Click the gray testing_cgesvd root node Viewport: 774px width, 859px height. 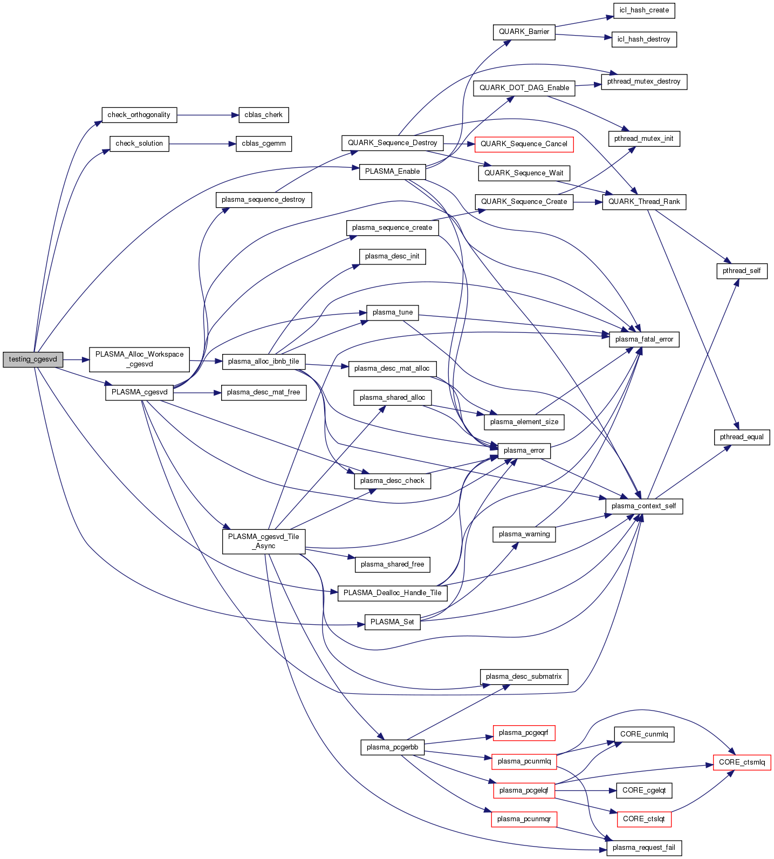tap(33, 359)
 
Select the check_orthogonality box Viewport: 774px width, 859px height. tap(139, 115)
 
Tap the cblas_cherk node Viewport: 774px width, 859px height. tap(263, 115)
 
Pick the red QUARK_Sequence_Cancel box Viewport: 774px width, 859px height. tap(524, 144)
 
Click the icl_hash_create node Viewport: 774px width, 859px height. tap(644, 10)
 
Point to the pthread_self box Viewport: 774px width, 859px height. tap(742, 271)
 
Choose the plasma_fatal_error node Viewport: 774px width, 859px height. tap(644, 339)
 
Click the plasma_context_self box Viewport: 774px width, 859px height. tap(644, 506)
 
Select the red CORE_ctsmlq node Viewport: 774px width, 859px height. tap(742, 762)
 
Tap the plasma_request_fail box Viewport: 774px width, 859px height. tap(644, 848)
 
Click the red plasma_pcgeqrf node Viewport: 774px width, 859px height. tap(524, 733)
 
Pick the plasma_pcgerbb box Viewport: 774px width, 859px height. tap(392, 747)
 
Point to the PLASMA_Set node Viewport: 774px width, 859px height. tap(392, 622)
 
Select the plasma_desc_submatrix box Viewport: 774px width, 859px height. tap(524, 677)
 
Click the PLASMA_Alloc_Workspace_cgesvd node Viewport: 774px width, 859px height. tap(139, 359)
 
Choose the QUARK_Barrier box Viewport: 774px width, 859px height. tap(524, 32)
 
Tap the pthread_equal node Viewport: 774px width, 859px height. tap(742, 437)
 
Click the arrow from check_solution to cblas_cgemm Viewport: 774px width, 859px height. tap(202, 144)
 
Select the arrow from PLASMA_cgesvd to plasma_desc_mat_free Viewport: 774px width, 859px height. tap(197, 393)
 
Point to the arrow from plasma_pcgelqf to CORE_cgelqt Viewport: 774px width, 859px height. tap(585, 790)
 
